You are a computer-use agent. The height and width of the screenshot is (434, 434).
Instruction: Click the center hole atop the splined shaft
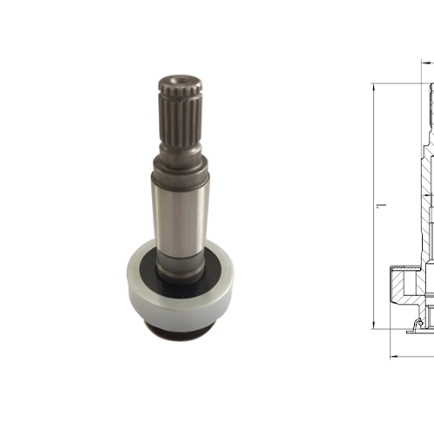click(x=177, y=79)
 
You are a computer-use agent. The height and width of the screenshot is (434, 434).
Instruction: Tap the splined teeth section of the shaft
click(x=181, y=115)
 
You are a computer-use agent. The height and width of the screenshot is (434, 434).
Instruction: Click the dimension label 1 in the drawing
click(x=383, y=205)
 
